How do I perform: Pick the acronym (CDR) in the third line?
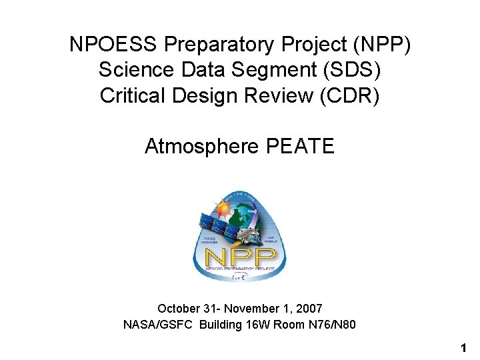347,95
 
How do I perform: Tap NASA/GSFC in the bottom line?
153,325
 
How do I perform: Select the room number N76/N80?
329,325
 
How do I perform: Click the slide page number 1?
463,348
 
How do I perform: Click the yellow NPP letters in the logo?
240,257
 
